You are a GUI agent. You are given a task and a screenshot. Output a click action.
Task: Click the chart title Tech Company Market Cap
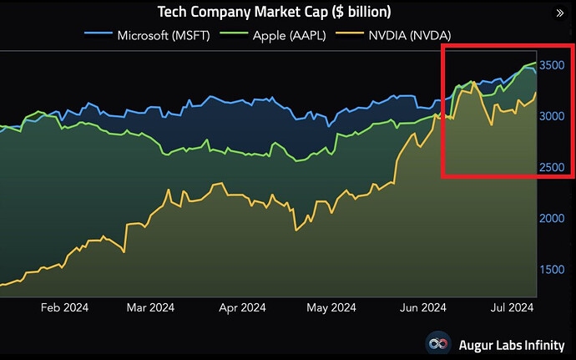click(275, 13)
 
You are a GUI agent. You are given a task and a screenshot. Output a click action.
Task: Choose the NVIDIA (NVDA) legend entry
click(405, 35)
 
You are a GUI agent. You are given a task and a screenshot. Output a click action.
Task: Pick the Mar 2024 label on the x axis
click(150, 307)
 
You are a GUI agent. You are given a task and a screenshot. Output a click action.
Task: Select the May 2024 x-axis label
click(331, 307)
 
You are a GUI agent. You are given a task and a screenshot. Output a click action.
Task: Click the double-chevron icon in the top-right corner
click(559, 13)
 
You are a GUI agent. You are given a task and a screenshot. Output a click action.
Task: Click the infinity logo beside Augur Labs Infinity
click(440, 343)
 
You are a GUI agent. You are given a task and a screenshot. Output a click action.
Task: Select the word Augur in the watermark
click(477, 343)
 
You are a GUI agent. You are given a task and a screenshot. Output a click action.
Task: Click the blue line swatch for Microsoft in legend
click(99, 35)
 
